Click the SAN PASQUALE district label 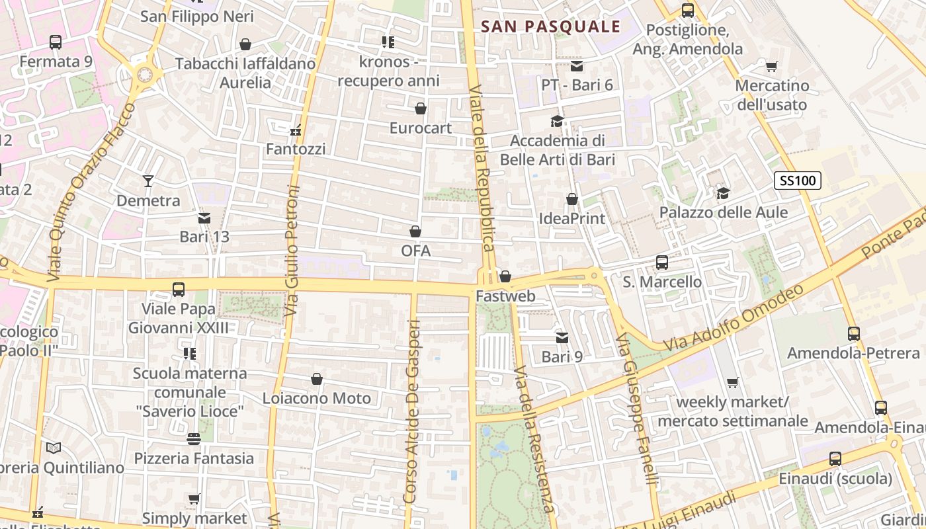point(550,26)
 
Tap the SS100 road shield point(797,181)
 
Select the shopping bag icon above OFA point(415,231)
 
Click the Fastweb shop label point(505,296)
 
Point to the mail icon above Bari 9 point(562,338)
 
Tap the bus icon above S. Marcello point(662,263)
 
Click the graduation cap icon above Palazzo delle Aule point(724,193)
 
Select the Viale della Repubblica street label point(481,168)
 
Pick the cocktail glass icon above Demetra point(148,181)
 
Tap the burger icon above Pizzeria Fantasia point(194,439)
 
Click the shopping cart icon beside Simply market point(194,499)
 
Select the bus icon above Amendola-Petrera point(853,334)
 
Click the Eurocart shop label point(420,128)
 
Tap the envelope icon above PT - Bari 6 point(577,66)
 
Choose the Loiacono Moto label point(316,399)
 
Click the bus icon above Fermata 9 point(56,42)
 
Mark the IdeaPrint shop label point(571,218)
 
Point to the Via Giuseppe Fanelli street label point(636,410)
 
